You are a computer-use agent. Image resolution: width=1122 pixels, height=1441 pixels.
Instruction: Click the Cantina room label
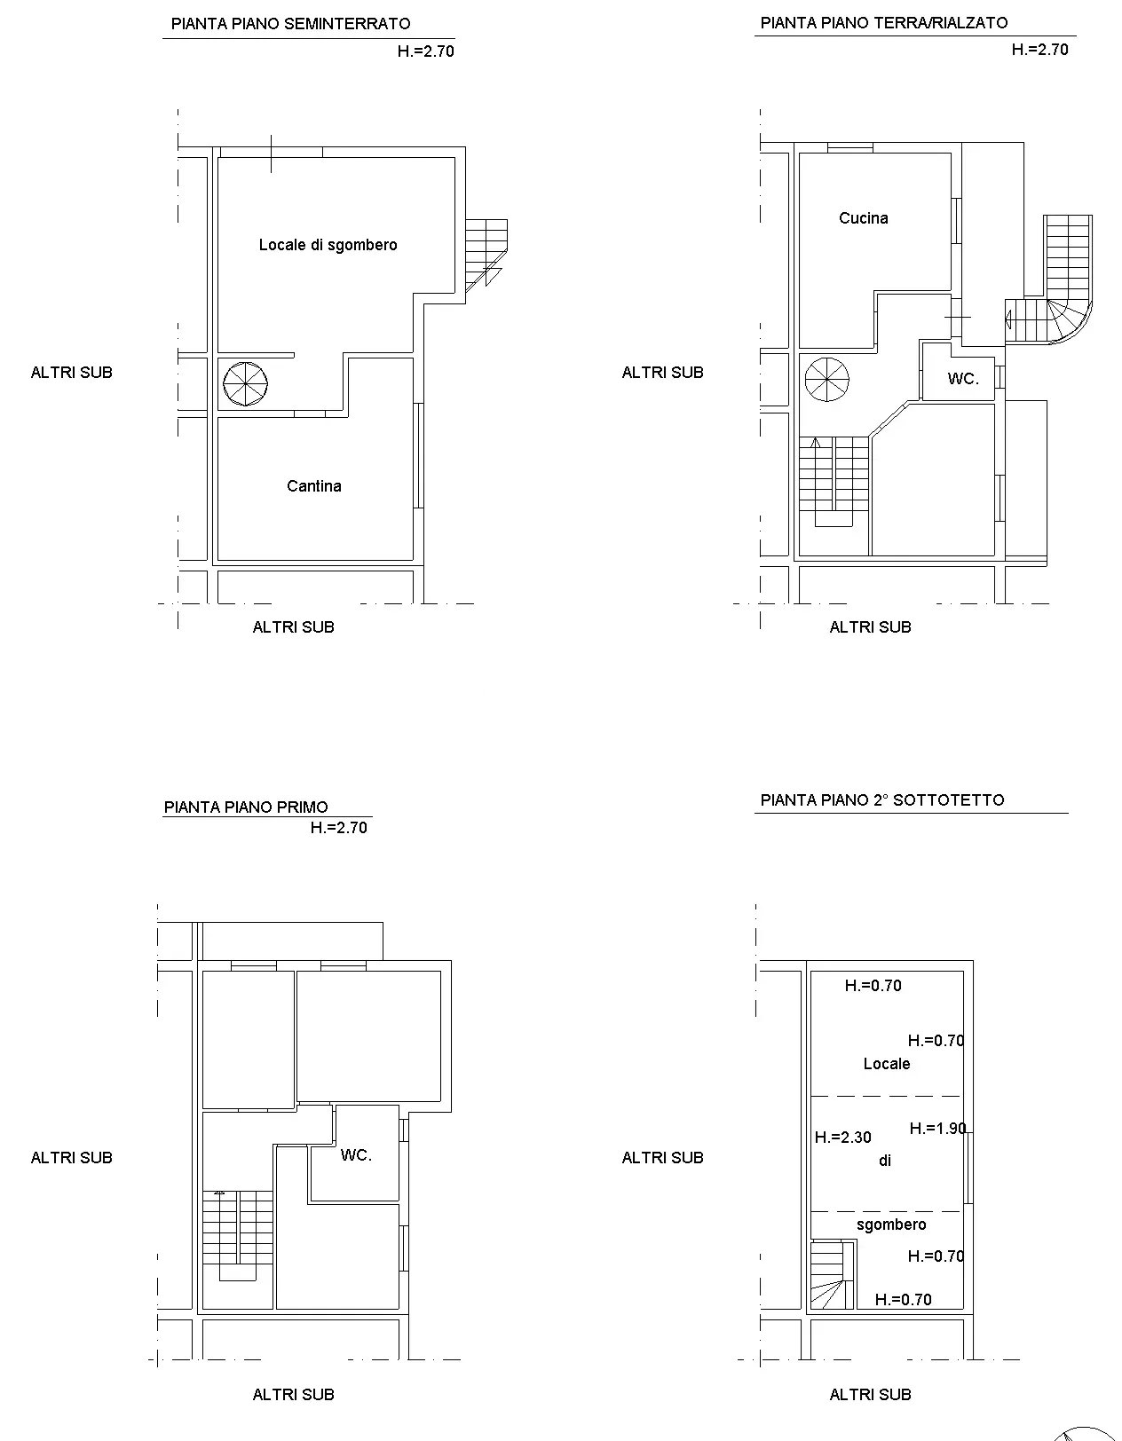pos(313,486)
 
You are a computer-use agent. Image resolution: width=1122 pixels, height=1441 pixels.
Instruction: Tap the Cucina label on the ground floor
pos(863,218)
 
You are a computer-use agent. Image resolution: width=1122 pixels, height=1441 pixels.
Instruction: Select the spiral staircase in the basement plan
pos(245,384)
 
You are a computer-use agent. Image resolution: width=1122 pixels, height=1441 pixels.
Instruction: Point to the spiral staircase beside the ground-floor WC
pos(827,380)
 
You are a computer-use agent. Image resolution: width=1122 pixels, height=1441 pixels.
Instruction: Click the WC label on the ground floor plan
pos(963,379)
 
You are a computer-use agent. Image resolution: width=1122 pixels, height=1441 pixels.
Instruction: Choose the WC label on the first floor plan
pos(356,1155)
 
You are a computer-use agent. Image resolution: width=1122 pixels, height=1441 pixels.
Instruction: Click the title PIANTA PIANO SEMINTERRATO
pos(290,24)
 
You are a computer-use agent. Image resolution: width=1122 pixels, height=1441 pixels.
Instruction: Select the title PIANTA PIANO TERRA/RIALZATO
pos(884,22)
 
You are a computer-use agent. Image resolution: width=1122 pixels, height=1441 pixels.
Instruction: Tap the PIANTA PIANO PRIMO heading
pos(246,807)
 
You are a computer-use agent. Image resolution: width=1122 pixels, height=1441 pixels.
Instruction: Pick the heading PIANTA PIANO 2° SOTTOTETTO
pos(882,799)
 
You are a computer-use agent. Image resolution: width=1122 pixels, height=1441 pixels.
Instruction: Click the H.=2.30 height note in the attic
pos(842,1138)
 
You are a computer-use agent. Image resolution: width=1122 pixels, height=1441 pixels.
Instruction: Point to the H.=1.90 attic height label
pos(937,1128)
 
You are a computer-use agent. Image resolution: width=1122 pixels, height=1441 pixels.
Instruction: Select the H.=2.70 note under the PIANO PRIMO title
pos(339,828)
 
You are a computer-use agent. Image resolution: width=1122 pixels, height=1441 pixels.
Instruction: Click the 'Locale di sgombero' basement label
pos(328,245)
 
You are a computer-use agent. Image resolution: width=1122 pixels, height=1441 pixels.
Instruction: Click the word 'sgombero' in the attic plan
pos(891,1224)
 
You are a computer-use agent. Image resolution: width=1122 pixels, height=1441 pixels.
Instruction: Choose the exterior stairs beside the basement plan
pos(486,255)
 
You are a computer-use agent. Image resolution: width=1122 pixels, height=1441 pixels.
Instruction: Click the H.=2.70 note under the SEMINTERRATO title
pos(426,51)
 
